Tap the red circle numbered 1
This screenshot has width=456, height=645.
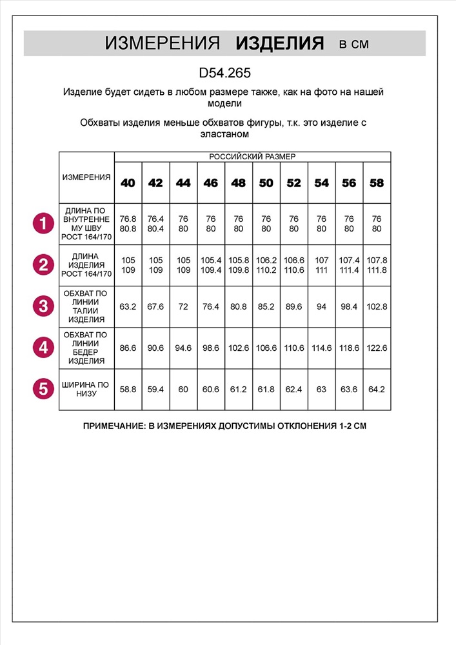point(43,224)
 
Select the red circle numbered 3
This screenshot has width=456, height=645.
point(43,306)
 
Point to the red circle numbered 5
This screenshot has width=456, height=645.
point(43,389)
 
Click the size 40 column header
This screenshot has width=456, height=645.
point(128,183)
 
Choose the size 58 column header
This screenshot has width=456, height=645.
point(377,183)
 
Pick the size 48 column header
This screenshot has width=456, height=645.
point(238,183)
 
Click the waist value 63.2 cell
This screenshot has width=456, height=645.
point(128,306)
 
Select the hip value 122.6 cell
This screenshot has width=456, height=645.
point(377,348)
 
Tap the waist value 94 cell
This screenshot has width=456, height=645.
point(321,306)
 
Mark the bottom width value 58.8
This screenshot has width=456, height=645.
point(128,390)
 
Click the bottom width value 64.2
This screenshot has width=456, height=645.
point(377,390)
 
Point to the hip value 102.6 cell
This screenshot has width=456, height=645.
point(238,348)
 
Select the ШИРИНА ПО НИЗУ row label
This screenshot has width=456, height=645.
point(86,389)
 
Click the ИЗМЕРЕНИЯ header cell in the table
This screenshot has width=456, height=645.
point(86,177)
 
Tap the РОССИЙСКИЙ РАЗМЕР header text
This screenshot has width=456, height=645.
point(252,156)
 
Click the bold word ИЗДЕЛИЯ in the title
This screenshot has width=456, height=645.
point(279,44)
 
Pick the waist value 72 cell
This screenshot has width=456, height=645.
point(183,306)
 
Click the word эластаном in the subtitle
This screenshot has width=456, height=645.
point(224,134)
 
